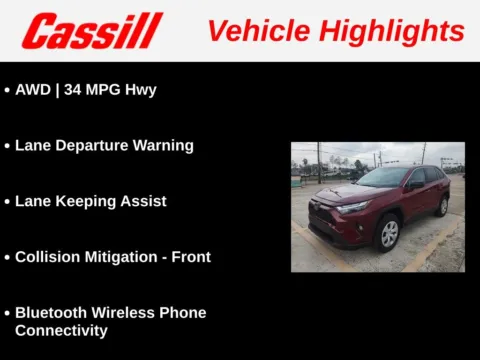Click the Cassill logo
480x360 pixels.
point(92,31)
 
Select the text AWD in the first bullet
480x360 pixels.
point(33,89)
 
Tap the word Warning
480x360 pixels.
point(164,145)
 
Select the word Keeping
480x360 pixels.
point(88,201)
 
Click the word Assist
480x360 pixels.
point(145,201)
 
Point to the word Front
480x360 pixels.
point(191,257)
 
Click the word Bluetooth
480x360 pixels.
point(54,313)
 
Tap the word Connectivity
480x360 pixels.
point(61,330)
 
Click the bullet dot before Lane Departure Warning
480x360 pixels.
point(7,146)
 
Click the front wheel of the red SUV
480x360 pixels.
point(388,233)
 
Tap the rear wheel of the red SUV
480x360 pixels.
point(442,206)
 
